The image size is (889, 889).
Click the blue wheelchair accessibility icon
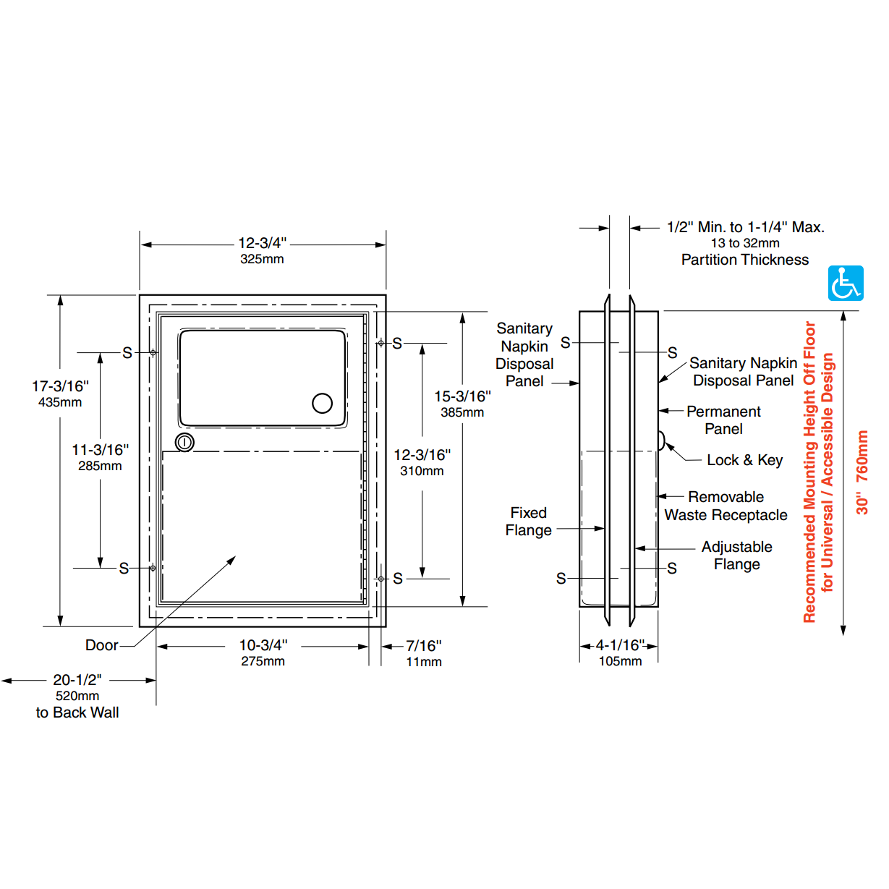point(846,283)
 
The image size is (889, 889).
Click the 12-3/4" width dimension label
point(262,244)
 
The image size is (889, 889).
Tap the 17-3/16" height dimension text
point(60,387)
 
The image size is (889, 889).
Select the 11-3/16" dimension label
point(100,451)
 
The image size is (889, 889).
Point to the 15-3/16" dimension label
point(462,397)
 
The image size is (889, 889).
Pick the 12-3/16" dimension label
point(422,456)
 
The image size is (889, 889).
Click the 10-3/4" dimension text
point(263,645)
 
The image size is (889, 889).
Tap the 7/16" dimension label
point(423,646)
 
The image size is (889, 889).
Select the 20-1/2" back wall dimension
point(77,681)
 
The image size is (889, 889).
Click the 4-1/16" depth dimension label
point(620,645)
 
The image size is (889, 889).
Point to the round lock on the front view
point(185,442)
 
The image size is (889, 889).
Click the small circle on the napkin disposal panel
point(322,403)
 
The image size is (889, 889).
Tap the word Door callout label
point(101,645)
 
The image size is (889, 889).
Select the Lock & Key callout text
point(744,460)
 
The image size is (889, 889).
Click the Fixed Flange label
point(528,522)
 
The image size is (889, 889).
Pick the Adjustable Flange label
point(736,556)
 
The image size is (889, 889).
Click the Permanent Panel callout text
point(723,420)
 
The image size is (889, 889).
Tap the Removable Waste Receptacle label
point(726,506)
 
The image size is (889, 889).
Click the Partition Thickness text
point(745,260)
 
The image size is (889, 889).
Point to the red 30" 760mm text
point(862,472)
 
